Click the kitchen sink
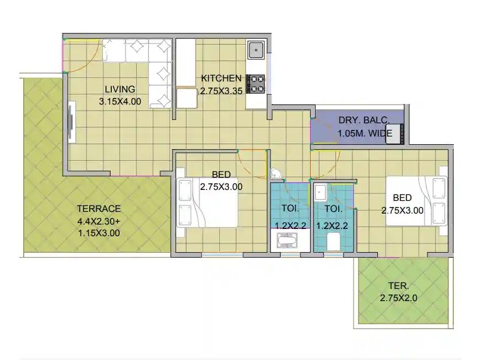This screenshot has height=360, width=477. tap(256, 51)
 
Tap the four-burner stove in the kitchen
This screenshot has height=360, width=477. tap(256, 83)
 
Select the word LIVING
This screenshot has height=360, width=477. tap(120, 90)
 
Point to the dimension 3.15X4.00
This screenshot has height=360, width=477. tap(120, 102)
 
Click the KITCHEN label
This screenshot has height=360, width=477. tap(221, 79)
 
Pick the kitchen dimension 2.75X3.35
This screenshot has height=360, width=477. tap(221, 91)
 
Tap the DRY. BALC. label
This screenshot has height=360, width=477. tap(364, 120)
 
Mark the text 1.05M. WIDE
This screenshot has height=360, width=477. tap(364, 133)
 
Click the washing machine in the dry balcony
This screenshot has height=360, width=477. tap(397, 134)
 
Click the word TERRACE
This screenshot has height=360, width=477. tap(99, 209)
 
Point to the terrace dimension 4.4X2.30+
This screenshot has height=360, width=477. tap(99, 221)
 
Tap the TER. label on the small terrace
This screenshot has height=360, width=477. tap(399, 286)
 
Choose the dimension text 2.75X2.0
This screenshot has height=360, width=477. tap(399, 298)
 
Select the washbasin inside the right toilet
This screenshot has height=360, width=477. tap(319, 193)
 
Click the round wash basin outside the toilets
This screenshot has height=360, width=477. tap(276, 174)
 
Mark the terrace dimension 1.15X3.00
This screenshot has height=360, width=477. tap(99, 233)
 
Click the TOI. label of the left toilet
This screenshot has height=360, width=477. tap(290, 209)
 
